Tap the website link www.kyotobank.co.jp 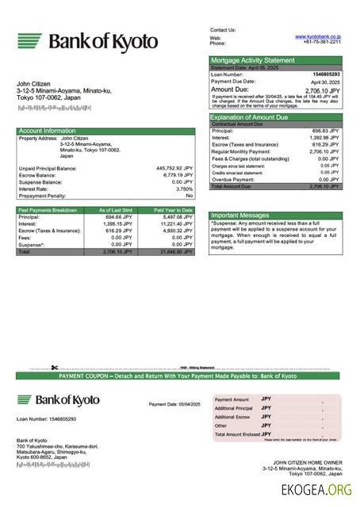(318, 36)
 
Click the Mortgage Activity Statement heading (252, 59)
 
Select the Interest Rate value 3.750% (184, 189)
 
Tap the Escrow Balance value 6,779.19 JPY (176, 175)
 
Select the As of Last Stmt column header (115, 210)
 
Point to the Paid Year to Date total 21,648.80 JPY (175, 251)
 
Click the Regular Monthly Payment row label (241, 151)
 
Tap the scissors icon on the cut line (54, 368)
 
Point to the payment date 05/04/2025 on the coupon (174, 404)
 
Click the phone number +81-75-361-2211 (322, 43)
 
